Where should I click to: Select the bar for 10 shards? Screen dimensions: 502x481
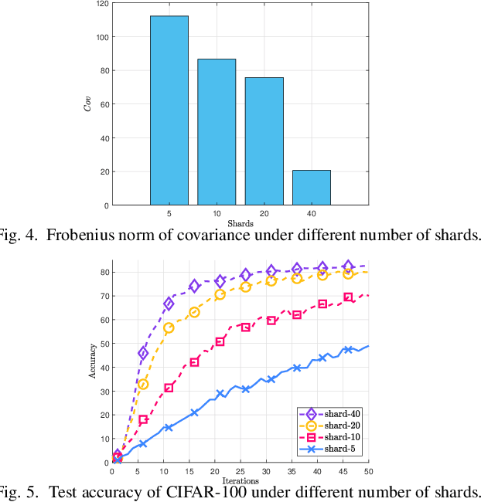pyautogui.click(x=217, y=132)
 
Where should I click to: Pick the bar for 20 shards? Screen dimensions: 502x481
pyautogui.click(x=264, y=141)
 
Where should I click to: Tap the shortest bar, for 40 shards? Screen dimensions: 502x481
pyautogui.click(x=311, y=188)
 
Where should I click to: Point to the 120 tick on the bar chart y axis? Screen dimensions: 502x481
pyautogui.click(x=101, y=3)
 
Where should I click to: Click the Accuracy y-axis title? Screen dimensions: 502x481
pyautogui.click(x=93, y=363)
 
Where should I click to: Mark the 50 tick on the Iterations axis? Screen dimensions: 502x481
pyautogui.click(x=367, y=471)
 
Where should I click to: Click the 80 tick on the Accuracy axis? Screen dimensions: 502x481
pyautogui.click(x=104, y=272)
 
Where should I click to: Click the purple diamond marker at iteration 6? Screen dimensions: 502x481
pyautogui.click(x=143, y=353)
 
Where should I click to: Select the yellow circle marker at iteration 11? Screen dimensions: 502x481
pyautogui.click(x=169, y=327)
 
